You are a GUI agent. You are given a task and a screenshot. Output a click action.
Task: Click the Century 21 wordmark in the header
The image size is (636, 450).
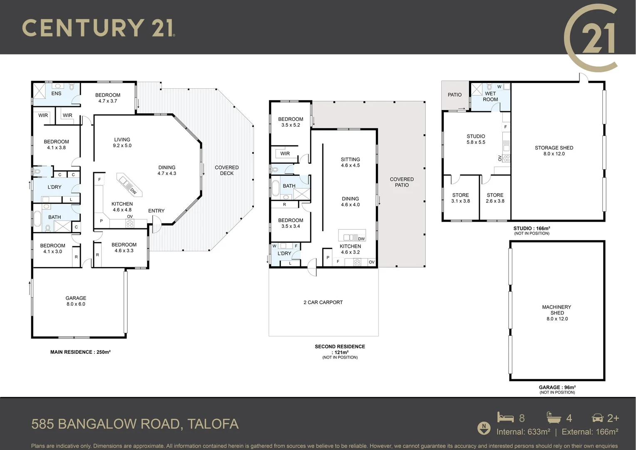(x=98, y=28)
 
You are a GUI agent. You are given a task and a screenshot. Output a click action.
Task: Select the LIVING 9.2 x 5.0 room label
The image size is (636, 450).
(x=122, y=142)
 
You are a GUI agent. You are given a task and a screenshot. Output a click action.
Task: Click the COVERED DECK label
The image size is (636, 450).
(x=226, y=170)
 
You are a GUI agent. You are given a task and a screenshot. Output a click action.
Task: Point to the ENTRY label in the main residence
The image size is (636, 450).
(x=156, y=211)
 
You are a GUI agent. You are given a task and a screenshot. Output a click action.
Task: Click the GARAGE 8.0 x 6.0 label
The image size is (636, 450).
(x=76, y=301)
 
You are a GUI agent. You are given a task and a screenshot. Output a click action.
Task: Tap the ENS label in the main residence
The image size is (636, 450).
(x=56, y=93)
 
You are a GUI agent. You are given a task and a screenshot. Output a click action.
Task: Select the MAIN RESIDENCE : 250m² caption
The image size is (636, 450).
(x=80, y=352)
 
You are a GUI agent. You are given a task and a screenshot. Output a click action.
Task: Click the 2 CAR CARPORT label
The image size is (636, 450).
(x=323, y=302)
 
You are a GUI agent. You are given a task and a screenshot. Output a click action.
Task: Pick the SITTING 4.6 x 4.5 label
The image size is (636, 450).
(x=350, y=162)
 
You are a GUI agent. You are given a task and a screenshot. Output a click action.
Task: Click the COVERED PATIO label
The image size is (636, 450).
(x=402, y=182)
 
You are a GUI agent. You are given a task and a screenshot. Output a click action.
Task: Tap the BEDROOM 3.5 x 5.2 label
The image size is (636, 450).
(x=291, y=122)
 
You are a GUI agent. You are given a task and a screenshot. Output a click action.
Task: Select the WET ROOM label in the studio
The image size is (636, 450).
(x=490, y=96)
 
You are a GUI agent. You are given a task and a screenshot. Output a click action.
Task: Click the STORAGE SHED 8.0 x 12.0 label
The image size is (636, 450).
(x=554, y=150)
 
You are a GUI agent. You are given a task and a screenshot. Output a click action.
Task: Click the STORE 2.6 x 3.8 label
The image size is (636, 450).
(x=495, y=198)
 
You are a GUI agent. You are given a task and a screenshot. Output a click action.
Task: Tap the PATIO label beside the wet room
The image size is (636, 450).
(x=455, y=95)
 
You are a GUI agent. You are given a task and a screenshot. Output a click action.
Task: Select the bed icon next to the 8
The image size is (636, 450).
(x=505, y=417)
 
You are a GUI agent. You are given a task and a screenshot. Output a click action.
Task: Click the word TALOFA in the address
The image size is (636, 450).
(x=213, y=424)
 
